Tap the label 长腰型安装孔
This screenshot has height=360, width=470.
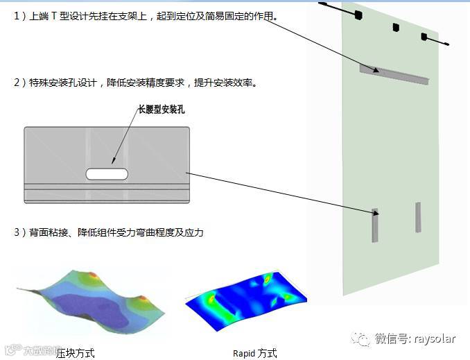tap(162, 110)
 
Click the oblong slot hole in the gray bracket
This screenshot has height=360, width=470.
tap(107, 173)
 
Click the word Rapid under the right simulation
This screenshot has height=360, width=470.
tap(244, 353)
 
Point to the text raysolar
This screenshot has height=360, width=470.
tap(435, 338)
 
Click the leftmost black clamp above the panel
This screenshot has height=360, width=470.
tap(358, 14)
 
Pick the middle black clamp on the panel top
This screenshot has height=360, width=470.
tap(396, 28)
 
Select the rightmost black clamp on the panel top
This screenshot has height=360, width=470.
tap(424, 37)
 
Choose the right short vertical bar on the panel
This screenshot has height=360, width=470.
tap(418, 216)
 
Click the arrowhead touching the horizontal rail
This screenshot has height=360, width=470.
tap(376, 70)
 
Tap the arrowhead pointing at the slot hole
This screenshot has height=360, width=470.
tap(111, 163)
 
